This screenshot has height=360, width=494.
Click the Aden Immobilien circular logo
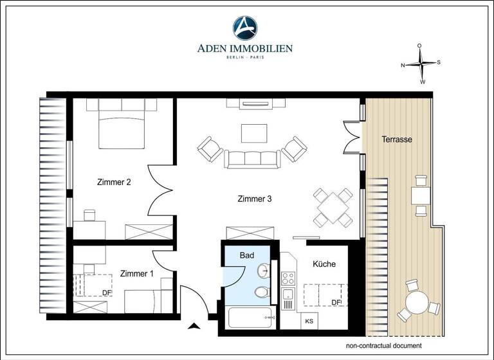point(246,28)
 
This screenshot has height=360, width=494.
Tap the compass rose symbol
point(421,64)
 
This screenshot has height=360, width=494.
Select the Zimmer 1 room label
point(137,273)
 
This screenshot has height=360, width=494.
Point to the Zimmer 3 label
point(255,199)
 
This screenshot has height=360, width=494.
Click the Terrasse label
point(396,139)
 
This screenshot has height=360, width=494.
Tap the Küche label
point(324,264)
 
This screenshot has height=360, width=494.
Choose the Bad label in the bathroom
point(247,255)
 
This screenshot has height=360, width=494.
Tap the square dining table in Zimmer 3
point(333,207)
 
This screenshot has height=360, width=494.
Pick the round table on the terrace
point(417,302)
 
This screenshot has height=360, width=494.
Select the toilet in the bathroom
point(262,293)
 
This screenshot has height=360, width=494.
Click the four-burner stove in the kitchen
point(288,278)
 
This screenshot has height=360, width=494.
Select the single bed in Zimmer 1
point(147,300)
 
